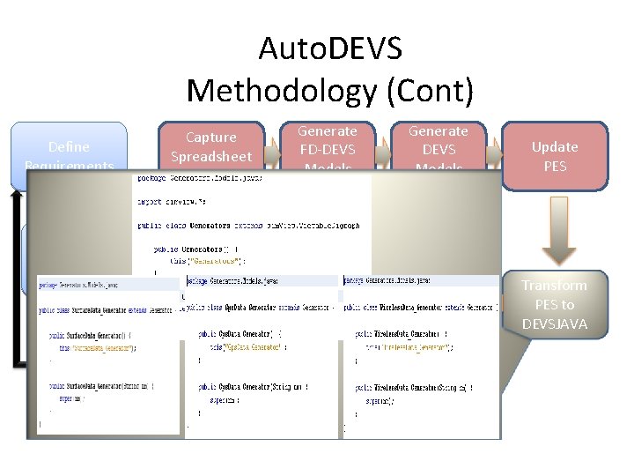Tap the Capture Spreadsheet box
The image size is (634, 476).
(211, 146)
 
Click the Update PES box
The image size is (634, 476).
(555, 156)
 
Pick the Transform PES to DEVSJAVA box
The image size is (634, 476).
(554, 303)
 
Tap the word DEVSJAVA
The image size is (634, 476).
(554, 324)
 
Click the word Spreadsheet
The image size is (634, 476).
(211, 157)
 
